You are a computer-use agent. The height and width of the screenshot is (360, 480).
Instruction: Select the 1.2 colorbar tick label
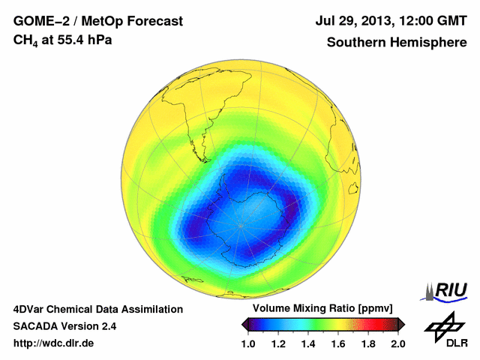coord(280,344)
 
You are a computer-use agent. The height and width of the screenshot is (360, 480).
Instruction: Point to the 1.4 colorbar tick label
coord(309,344)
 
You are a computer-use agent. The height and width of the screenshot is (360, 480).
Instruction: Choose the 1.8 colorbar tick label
coord(367,344)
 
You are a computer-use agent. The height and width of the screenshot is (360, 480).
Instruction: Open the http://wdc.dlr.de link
coord(54,343)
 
